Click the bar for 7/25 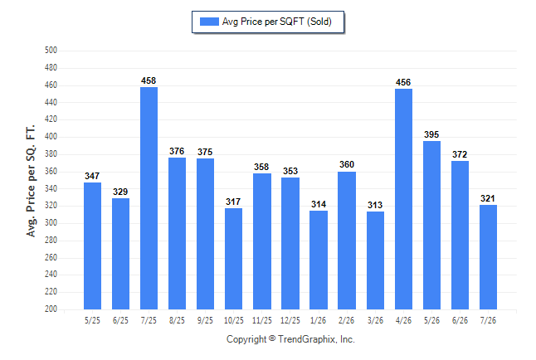[149, 198]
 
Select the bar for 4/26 [403, 199]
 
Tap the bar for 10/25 [233, 259]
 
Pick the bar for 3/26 [375, 260]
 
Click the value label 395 [431, 134]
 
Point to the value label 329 [120, 192]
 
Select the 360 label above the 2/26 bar [347, 164]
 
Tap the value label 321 [488, 198]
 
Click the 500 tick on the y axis [51, 51]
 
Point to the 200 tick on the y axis [51, 309]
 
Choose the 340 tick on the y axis [51, 188]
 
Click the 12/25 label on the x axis [290, 320]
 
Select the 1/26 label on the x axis [319, 320]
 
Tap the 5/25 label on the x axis [92, 320]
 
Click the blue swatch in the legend [209, 22]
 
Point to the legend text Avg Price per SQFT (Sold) [277, 22]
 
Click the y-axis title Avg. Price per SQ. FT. [31, 181]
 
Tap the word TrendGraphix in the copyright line [307, 339]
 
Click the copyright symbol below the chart [272, 338]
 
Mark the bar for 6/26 [460, 236]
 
